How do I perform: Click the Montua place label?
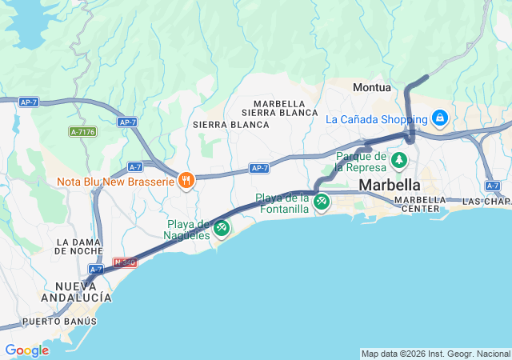point(373,87)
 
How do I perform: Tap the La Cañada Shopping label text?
point(377,119)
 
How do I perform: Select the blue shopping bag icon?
point(439,118)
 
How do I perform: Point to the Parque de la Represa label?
point(362,162)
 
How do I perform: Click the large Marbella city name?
point(390,185)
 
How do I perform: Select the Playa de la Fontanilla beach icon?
point(322,202)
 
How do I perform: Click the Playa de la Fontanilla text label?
point(282,203)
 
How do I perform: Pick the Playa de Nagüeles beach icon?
point(222,228)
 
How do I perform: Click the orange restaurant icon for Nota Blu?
point(186,181)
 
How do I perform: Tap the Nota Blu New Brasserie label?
point(115,182)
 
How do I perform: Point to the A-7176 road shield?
point(82,131)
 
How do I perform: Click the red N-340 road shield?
point(125,262)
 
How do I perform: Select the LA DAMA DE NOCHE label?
point(79,246)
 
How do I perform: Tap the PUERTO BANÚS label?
point(59,322)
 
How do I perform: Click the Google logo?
point(26,350)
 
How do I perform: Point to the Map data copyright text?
point(434,354)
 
